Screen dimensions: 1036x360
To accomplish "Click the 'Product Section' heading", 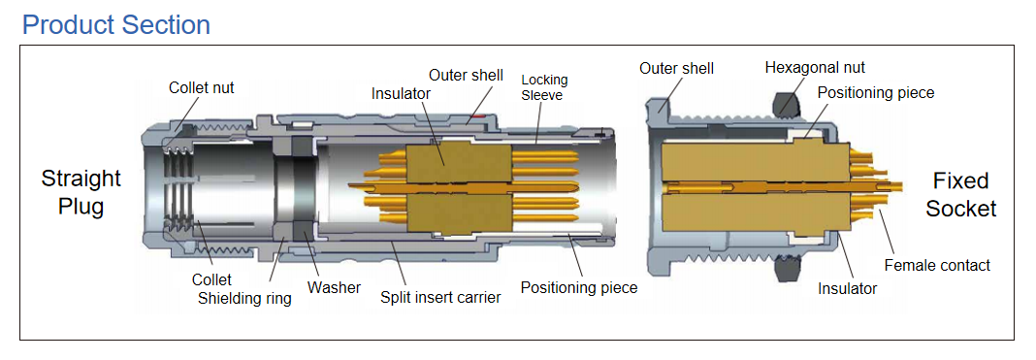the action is (x=116, y=25).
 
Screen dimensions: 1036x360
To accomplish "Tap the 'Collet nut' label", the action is (x=202, y=88).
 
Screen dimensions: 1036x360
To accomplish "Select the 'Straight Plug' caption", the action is (x=81, y=192).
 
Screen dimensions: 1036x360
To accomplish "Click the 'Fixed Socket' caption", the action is (x=960, y=195).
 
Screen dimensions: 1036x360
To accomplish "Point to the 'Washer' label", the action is (x=335, y=288).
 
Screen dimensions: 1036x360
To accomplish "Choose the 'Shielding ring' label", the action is (x=245, y=299).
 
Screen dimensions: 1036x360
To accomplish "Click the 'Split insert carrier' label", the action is (x=440, y=298).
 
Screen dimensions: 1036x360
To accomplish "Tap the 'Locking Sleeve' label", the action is (x=544, y=87).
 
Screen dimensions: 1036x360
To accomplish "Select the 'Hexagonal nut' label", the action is (x=815, y=67).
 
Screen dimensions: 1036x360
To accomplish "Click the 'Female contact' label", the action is (x=938, y=266).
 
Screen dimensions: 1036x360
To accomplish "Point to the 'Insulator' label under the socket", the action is (x=847, y=288).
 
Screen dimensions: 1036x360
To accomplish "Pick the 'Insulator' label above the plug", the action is (x=401, y=94).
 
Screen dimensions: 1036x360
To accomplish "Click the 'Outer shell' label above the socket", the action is (x=676, y=69).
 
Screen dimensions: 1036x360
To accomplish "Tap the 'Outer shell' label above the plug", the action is (x=466, y=76).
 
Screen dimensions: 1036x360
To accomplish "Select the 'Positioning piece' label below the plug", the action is (x=579, y=288).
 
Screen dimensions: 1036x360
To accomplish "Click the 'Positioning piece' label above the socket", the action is (x=876, y=92).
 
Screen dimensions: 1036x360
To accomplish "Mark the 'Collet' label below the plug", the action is (x=211, y=280).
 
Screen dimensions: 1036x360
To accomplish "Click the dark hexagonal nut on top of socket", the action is (x=785, y=103).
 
